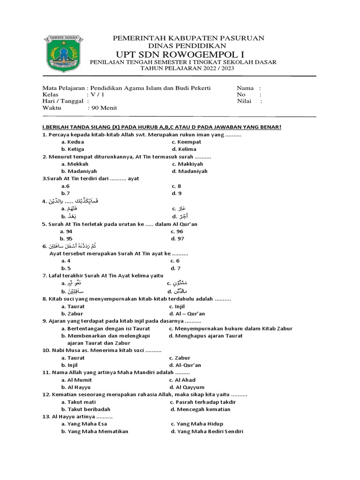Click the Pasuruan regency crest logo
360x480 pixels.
pos(63,53)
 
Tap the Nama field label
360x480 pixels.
pos(245,88)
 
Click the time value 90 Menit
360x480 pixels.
pos(104,108)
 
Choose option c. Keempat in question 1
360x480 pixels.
pos(186,142)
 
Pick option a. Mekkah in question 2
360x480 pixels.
pos(75,164)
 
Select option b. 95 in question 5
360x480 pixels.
pos(67,239)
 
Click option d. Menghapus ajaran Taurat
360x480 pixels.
pos(206,336)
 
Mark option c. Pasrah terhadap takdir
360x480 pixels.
pos(202,402)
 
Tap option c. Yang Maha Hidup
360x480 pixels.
pos(197,424)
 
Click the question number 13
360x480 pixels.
pos(46,416)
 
